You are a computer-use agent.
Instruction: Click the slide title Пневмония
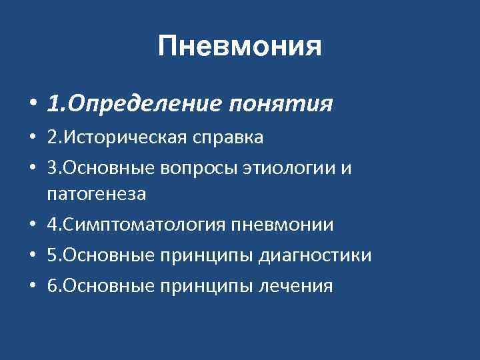click(x=240, y=47)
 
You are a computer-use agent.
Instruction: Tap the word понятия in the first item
click(x=281, y=104)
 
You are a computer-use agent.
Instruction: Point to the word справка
click(x=227, y=138)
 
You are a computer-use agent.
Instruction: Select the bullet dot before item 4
click(x=32, y=225)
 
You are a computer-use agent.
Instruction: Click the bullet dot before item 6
click(x=32, y=287)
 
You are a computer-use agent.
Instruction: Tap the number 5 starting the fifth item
click(x=51, y=255)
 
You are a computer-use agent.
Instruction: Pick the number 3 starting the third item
click(x=51, y=169)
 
